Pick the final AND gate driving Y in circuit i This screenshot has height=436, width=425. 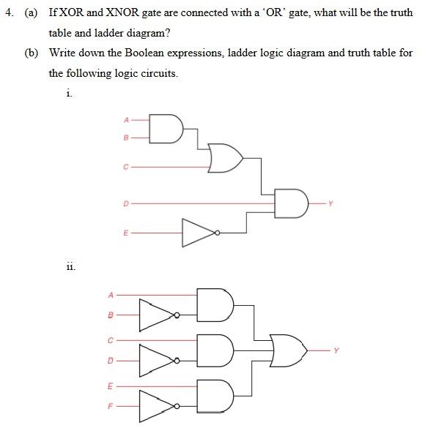point(291,203)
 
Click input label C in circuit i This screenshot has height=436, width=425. point(125,168)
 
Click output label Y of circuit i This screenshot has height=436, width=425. point(330,203)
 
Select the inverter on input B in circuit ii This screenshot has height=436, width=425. point(157,316)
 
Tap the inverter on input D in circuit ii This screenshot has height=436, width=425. point(157,360)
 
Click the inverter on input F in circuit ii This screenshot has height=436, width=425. point(157,405)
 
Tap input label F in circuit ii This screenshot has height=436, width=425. point(111,405)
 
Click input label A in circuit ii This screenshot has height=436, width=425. point(111,295)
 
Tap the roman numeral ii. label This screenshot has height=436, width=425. point(70,267)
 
